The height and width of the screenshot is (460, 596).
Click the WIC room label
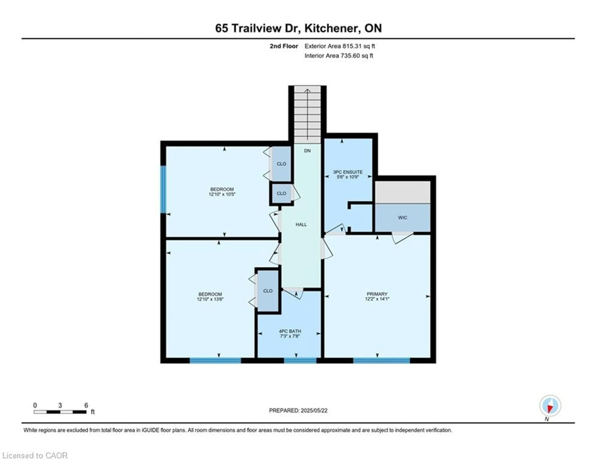point(402,217)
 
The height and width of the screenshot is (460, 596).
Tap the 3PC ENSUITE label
point(348,172)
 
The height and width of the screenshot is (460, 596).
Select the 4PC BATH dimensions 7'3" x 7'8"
point(290,336)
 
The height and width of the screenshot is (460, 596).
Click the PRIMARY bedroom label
point(377,294)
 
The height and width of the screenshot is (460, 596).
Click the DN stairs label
point(307,151)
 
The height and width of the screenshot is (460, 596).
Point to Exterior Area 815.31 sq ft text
point(340,46)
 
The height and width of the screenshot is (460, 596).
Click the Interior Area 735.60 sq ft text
point(339,56)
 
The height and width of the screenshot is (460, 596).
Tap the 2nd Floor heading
point(284,46)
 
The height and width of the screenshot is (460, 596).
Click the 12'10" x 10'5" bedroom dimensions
point(222,194)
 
